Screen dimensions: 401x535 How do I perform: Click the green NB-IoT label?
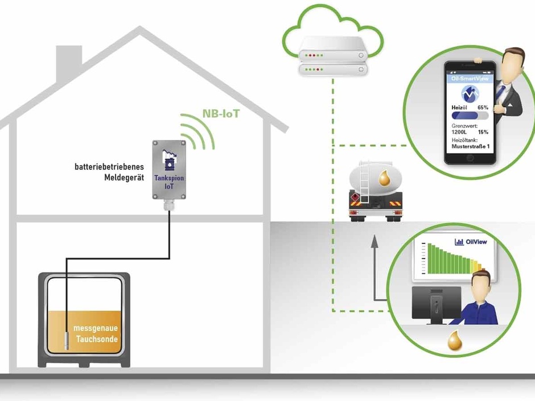221,114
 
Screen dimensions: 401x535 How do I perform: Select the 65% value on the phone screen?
483,107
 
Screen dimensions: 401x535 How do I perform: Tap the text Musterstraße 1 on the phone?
471,146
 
